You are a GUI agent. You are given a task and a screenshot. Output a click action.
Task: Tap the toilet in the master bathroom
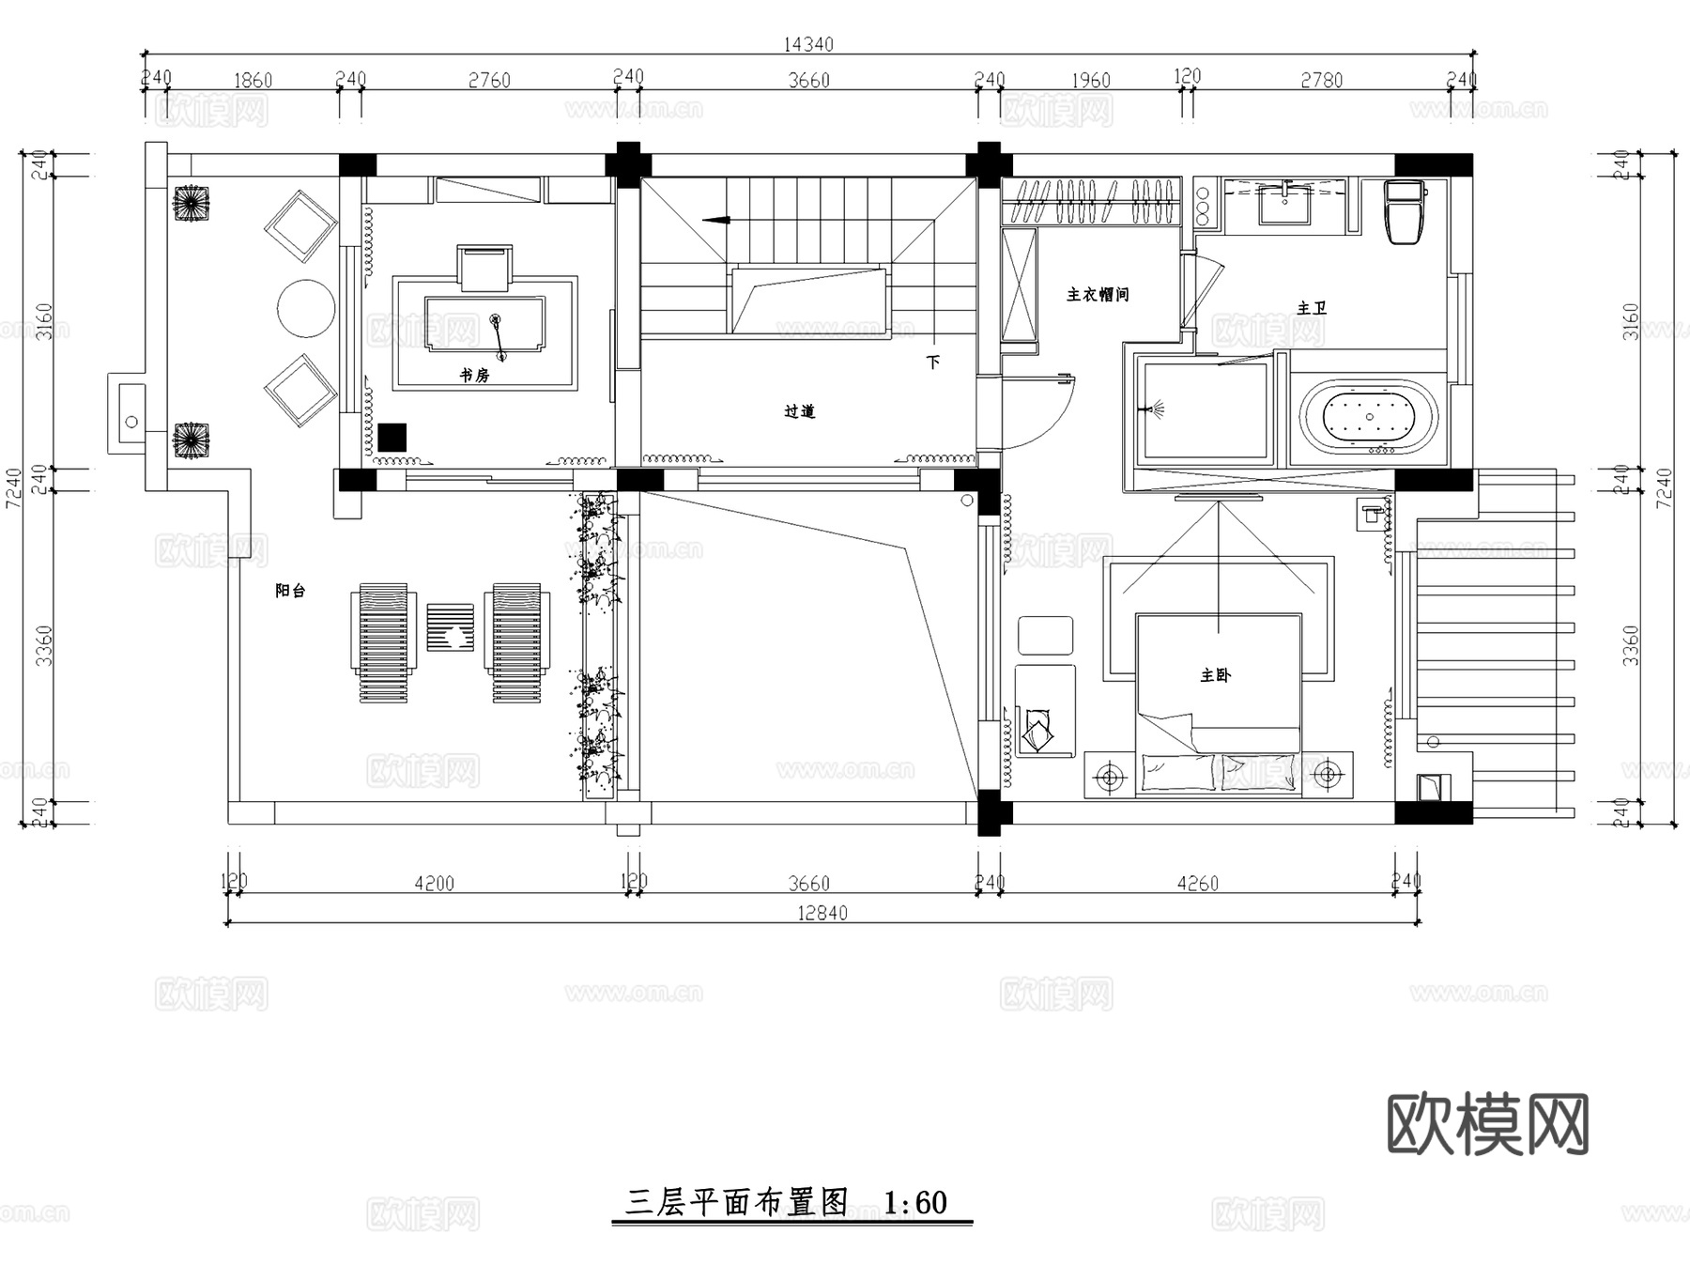point(1405,211)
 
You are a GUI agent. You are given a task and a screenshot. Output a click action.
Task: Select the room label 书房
point(474,376)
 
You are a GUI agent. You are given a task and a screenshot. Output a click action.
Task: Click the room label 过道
point(800,411)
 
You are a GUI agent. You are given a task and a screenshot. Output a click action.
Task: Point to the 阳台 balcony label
point(290,591)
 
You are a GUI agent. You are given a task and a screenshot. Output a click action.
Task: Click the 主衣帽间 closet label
point(1097,295)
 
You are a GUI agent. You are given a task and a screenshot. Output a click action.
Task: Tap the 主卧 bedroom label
point(1215,675)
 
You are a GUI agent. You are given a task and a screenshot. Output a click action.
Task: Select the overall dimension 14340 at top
point(807,43)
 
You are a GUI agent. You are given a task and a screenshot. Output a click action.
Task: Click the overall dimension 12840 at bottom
point(822,913)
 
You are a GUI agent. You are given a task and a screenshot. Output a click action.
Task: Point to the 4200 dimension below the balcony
point(434,884)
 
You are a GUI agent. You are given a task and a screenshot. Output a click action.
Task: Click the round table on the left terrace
point(306,308)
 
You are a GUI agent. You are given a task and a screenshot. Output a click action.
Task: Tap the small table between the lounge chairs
point(451,627)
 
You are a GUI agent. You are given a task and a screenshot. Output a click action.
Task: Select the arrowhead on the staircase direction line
point(715,221)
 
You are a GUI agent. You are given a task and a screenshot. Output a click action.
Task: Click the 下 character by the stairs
point(932,363)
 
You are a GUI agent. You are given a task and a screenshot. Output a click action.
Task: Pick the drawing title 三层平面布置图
point(737,1203)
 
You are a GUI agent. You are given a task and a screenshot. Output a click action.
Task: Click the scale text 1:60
point(915,1203)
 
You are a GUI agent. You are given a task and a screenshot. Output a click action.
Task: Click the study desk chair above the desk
point(484,268)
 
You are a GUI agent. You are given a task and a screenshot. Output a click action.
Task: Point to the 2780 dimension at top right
point(1321,81)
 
